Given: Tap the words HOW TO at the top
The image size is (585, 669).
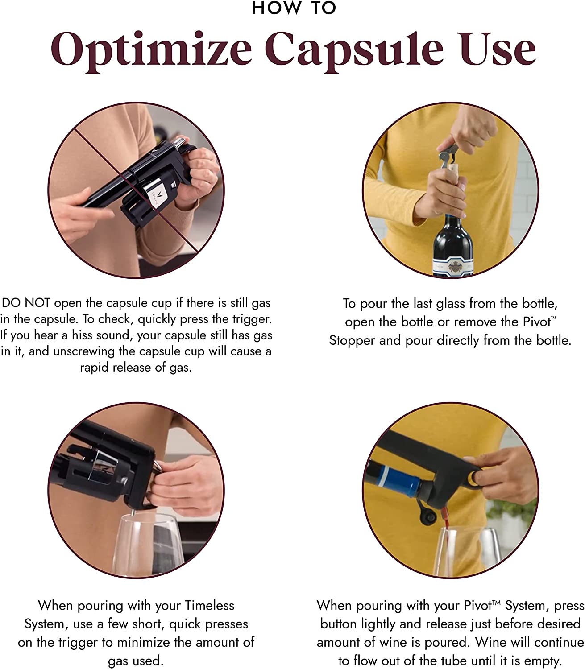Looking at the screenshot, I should click(x=294, y=8).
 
